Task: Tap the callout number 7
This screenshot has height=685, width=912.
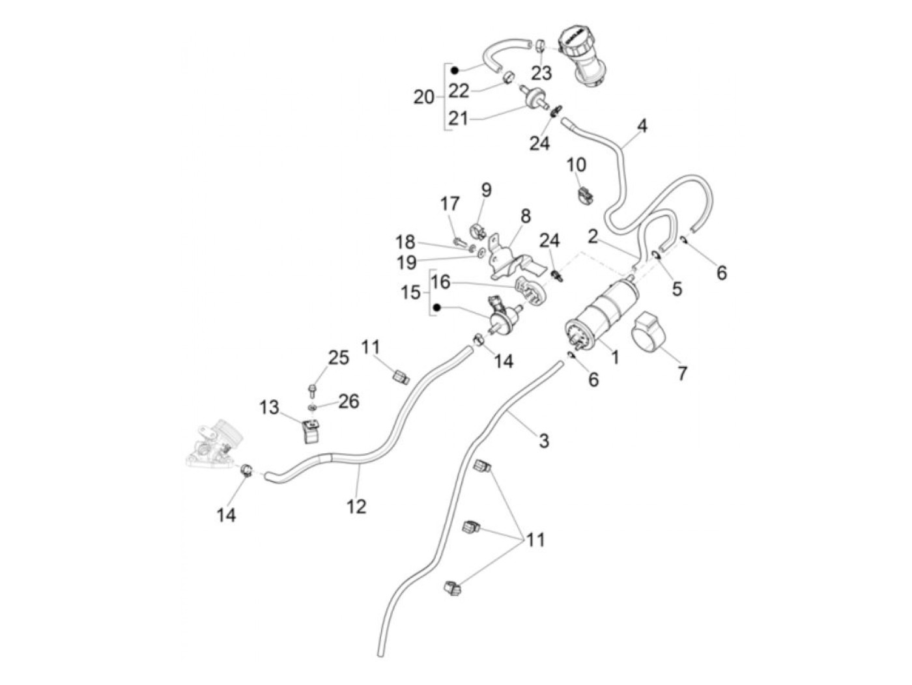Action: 681,374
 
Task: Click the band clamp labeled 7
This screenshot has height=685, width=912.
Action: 649,330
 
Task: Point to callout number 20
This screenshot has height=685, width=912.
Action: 423,97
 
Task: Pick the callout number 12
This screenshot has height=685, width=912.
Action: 356,505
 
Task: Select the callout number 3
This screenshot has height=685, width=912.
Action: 543,441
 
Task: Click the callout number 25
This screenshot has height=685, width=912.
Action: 338,357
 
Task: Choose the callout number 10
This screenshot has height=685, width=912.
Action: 576,164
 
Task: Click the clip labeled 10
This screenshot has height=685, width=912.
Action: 585,193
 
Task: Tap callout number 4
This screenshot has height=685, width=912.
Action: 642,125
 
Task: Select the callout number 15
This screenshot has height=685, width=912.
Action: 411,292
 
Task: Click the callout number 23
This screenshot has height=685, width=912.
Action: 541,72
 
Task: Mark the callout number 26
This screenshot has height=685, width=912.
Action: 349,401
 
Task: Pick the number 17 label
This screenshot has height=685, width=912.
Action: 449,204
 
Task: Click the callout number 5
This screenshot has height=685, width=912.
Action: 677,288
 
